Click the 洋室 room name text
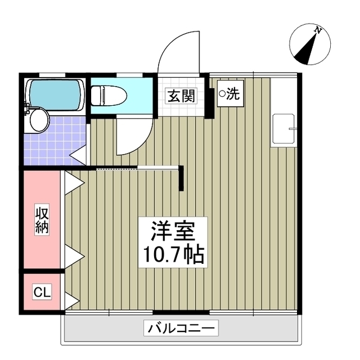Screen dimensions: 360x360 tap(172, 231)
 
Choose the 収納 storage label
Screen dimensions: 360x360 tap(42, 220)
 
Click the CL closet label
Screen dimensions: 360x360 tap(42, 292)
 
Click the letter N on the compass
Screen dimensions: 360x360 tap(318, 31)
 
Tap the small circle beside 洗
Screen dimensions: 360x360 tap(222, 94)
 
